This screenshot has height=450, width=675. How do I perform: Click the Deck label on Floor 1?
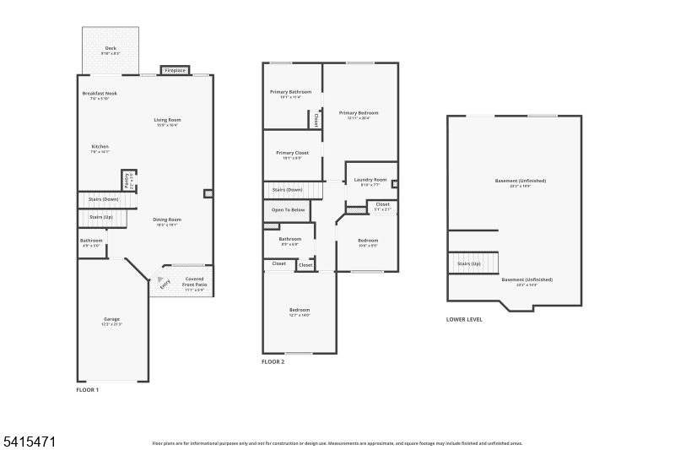click(x=111, y=49)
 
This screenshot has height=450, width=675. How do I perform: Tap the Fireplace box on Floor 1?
click(x=175, y=70)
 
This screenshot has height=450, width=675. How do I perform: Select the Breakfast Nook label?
click(x=100, y=93)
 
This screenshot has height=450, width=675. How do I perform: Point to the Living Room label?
click(x=167, y=120)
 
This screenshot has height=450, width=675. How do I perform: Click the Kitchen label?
click(x=100, y=147)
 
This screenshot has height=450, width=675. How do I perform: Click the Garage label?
click(x=111, y=319)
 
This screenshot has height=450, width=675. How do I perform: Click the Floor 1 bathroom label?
click(x=91, y=241)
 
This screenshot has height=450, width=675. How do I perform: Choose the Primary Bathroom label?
click(x=290, y=92)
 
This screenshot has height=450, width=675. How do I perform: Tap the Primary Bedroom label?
click(x=359, y=113)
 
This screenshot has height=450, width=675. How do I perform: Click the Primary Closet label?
click(x=292, y=153)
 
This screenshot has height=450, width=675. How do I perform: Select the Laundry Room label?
click(x=370, y=180)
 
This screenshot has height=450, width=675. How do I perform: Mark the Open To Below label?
click(x=288, y=209)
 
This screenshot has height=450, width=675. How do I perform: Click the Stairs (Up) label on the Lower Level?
click(x=469, y=263)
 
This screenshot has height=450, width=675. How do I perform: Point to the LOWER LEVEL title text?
click(x=464, y=319)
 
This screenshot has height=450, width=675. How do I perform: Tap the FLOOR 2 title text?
click(x=273, y=361)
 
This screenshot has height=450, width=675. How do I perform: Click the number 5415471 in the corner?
click(x=31, y=441)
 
